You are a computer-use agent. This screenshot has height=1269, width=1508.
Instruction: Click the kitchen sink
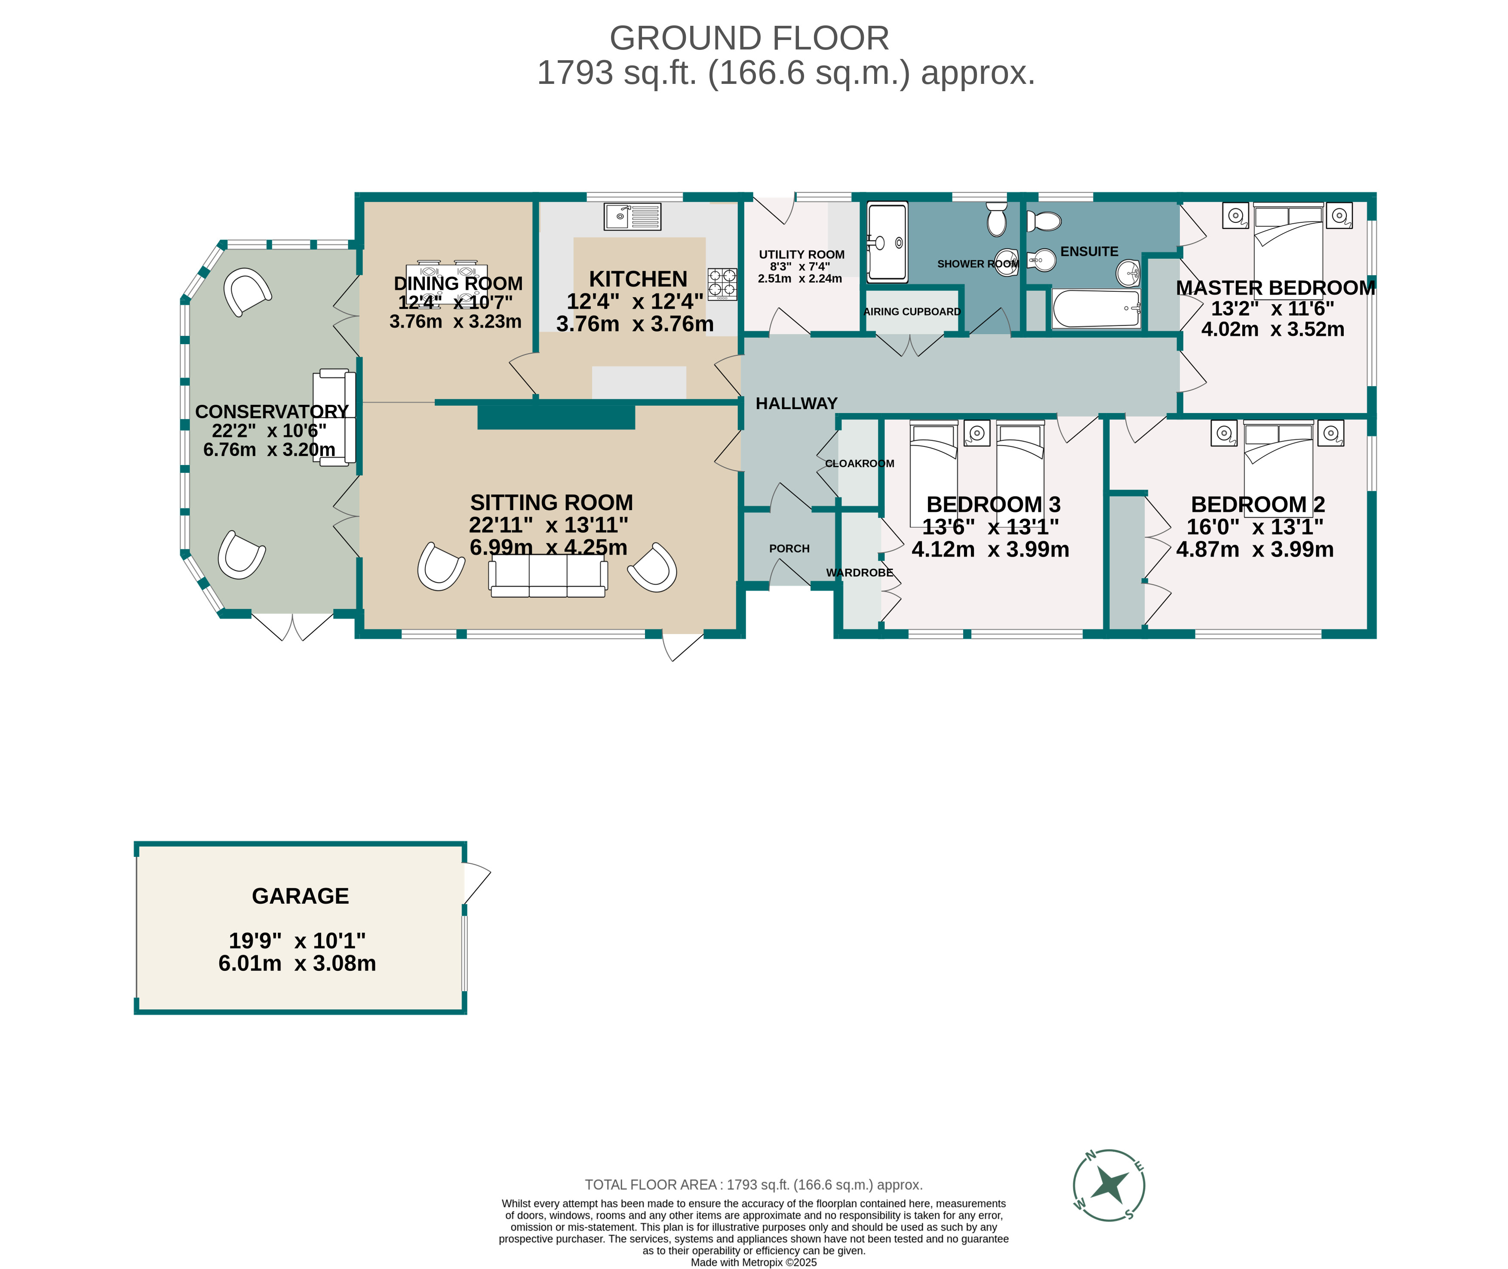coord(632,216)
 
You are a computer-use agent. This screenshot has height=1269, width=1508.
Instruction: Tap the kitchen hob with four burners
coord(722,283)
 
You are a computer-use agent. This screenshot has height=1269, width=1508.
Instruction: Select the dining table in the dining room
coord(447,282)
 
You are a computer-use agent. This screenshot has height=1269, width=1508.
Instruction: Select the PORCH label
coord(789,548)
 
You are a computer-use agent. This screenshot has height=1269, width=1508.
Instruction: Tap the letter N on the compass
coord(1090,1156)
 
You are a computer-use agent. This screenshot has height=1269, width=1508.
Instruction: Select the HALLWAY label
coord(796,403)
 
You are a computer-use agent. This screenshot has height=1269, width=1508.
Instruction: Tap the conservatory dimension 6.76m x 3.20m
coord(269,450)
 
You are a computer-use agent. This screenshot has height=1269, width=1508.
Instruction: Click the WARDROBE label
coord(860,573)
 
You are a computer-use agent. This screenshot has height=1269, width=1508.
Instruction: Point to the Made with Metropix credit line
coord(753,1262)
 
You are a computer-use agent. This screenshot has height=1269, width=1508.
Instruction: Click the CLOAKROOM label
coord(860,463)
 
